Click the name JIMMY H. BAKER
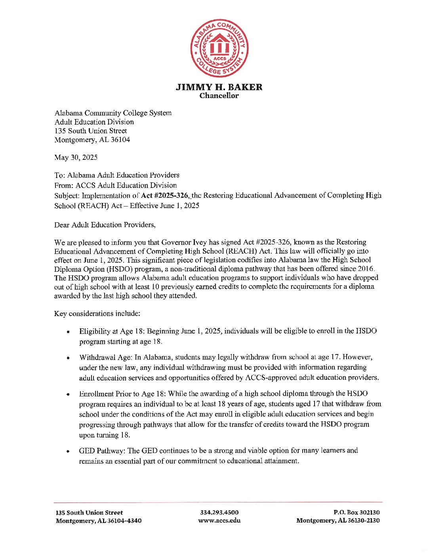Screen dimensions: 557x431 coord(219,87)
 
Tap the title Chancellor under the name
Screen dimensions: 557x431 coord(219,96)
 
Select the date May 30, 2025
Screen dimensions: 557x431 coord(76,157)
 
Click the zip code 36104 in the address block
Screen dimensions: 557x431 coord(120,140)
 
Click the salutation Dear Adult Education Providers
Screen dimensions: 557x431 coord(105,225)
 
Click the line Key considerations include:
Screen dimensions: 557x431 coord(97,314)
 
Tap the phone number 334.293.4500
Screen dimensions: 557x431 coord(219,512)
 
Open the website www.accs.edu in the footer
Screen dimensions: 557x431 coord(219,521)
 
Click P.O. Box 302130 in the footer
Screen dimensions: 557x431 coord(356,512)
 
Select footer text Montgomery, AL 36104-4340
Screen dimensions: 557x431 coord(98,521)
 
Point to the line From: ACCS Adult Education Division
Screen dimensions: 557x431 coord(115,185)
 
